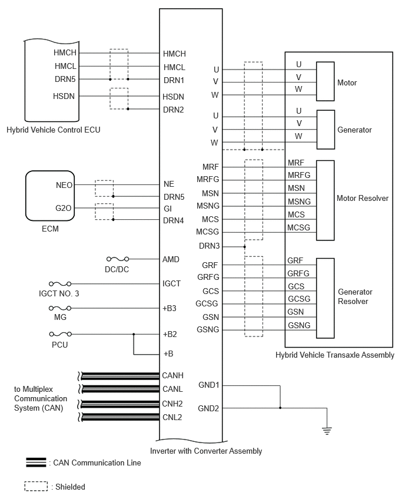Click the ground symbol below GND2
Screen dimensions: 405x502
point(327,431)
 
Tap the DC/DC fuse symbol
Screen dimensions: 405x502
point(118,259)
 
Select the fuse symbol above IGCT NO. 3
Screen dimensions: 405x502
point(60,283)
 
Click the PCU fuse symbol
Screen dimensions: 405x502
point(60,334)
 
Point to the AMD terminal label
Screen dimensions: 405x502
point(171,259)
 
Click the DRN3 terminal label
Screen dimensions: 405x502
point(209,246)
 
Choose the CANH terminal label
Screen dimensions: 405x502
point(172,375)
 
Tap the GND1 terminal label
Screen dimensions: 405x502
point(208,385)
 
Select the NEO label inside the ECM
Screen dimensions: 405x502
point(64,185)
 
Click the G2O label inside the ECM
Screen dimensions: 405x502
point(64,208)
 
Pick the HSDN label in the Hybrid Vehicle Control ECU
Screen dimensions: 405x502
point(64,96)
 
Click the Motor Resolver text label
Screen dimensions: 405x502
point(363,198)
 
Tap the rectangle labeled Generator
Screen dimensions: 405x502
point(326,130)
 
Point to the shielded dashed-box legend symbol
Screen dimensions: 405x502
point(36,486)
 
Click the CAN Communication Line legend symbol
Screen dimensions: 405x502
point(36,463)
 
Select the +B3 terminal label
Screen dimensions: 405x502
point(170,308)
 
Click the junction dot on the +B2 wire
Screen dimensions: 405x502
point(134,334)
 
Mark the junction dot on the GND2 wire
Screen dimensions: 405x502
point(280,408)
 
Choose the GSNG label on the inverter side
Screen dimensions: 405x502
point(208,329)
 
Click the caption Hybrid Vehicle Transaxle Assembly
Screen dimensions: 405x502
point(335,355)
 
